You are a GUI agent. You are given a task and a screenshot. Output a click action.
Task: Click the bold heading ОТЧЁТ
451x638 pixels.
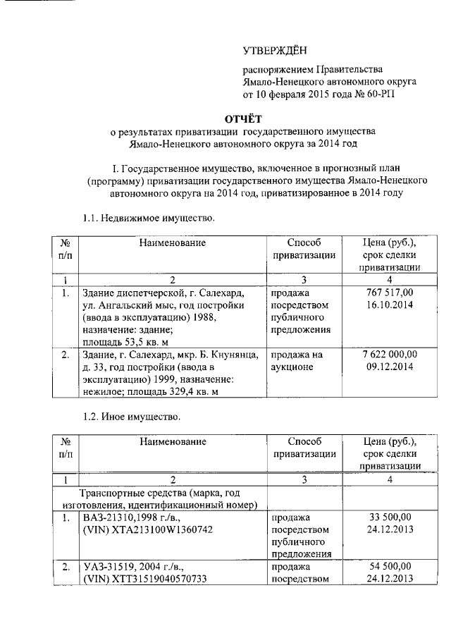point(243,117)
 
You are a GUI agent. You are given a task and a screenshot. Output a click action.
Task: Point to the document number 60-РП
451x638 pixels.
point(383,93)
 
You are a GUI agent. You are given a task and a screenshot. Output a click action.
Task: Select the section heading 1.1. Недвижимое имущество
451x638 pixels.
point(148,218)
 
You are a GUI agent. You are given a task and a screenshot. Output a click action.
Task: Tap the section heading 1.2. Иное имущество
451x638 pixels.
point(132,417)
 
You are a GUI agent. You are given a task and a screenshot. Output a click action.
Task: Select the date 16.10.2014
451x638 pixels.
point(389,305)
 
